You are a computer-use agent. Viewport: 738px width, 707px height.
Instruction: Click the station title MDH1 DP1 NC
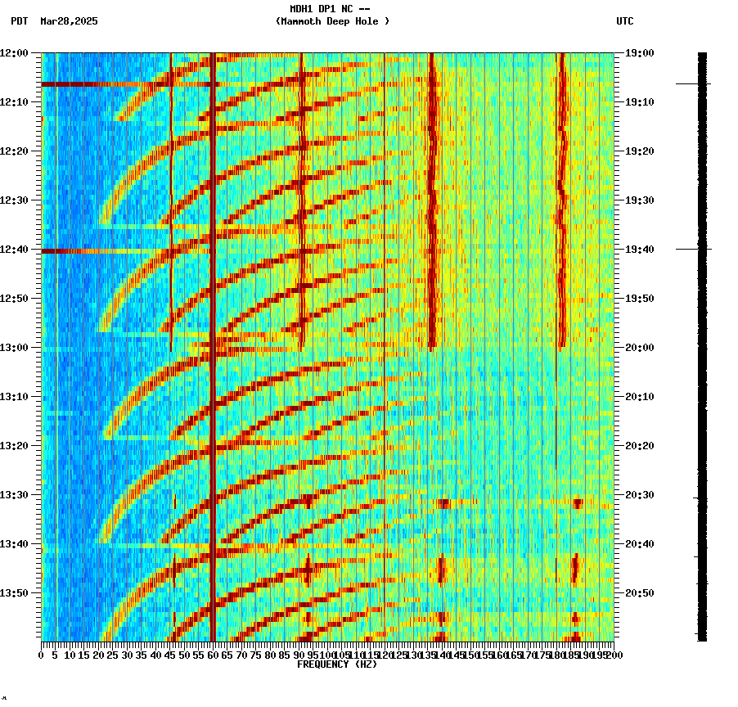click(x=331, y=9)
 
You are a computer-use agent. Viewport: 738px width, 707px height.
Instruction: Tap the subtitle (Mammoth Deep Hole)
click(x=332, y=21)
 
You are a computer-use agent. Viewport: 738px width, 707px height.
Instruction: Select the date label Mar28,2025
click(x=68, y=21)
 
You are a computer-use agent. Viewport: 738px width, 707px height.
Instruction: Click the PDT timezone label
click(x=20, y=21)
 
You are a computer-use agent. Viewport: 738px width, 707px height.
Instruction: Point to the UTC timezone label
click(x=625, y=21)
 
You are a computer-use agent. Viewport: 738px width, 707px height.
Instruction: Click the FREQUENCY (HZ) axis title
click(x=336, y=664)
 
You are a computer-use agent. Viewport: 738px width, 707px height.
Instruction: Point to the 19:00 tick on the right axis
click(x=639, y=52)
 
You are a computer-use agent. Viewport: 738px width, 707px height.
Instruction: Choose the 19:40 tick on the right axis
click(x=639, y=249)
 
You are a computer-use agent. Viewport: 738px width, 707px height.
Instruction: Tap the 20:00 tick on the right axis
click(x=639, y=347)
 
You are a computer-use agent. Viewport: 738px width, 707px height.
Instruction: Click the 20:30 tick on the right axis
click(x=639, y=494)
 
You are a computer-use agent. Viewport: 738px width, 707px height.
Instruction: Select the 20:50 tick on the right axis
click(x=639, y=592)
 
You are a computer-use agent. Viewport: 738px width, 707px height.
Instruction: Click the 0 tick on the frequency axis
click(x=42, y=655)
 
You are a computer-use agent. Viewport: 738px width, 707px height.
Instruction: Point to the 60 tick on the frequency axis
click(x=213, y=655)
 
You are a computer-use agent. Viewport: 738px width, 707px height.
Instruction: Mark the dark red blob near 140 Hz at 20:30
click(x=443, y=503)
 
